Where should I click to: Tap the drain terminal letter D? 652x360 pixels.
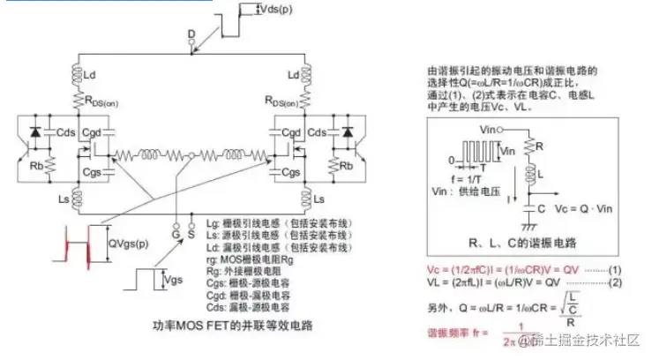pyautogui.click(x=191, y=34)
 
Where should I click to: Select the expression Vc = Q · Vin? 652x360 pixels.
pyautogui.click(x=570, y=212)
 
